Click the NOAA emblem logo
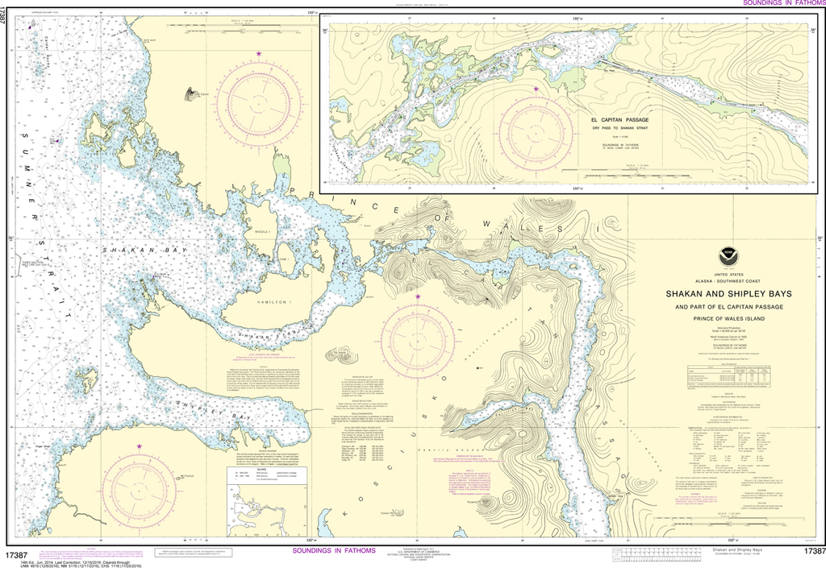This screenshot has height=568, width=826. click(x=729, y=256)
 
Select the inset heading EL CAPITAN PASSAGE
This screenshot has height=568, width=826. click(x=619, y=120)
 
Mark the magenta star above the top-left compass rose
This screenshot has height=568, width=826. click(x=259, y=54)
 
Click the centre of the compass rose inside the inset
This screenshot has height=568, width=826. click(x=536, y=133)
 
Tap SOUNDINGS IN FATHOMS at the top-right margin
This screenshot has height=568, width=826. click(x=782, y=4)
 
